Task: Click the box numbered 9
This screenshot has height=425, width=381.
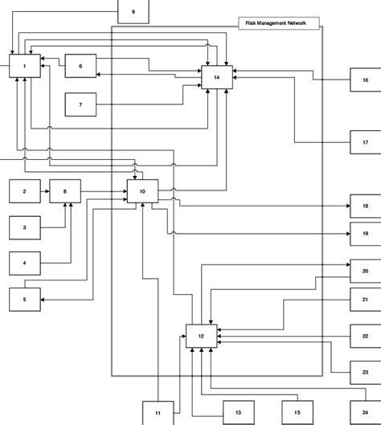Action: click(133, 11)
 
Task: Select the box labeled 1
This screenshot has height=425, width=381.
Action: click(25, 65)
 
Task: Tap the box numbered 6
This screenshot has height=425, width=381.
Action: click(80, 66)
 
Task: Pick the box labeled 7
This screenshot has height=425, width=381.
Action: click(80, 104)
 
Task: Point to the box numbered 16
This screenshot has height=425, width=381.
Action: click(365, 80)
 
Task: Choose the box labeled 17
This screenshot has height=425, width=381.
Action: click(365, 141)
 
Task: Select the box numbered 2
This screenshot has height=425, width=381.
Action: click(25, 191)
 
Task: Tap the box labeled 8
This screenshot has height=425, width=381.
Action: click(65, 191)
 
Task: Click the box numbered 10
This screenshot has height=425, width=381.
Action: click(142, 191)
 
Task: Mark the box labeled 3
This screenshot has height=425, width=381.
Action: click(25, 227)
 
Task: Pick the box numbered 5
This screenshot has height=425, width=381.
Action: click(25, 299)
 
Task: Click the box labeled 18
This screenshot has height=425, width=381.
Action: click(365, 206)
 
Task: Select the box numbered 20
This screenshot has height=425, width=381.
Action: click(365, 272)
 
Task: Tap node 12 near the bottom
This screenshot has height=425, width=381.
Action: click(202, 335)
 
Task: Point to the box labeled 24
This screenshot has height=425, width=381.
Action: click(365, 411)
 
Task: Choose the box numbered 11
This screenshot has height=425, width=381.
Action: click(158, 411)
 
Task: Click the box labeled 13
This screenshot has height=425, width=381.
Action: click(237, 411)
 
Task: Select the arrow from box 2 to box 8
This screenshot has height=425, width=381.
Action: click(44, 191)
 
